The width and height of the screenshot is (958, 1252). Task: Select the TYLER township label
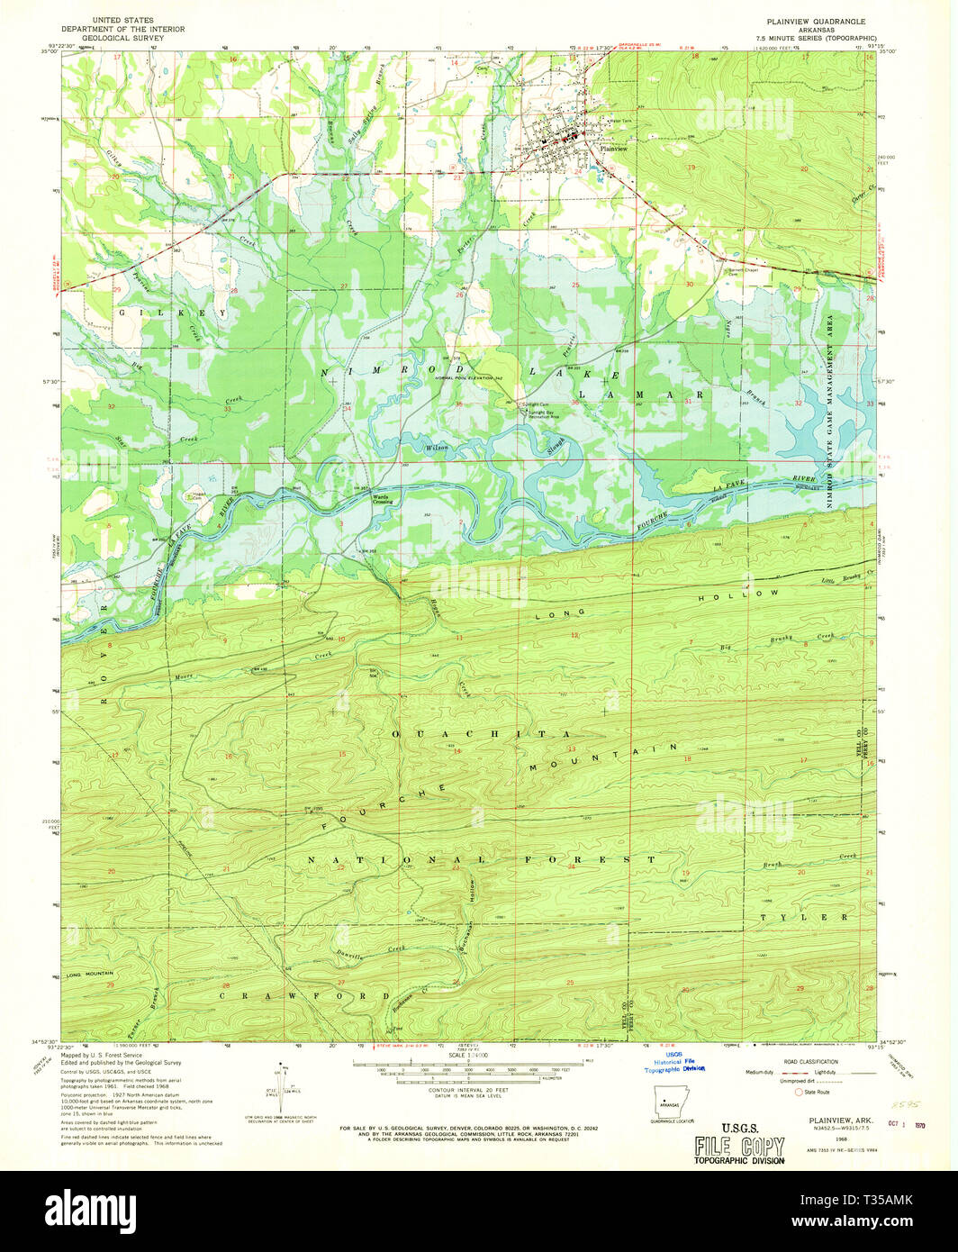tap(804, 917)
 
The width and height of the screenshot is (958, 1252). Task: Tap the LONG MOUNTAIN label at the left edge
tap(89, 974)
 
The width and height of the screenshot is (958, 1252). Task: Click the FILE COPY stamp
tap(738, 1146)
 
